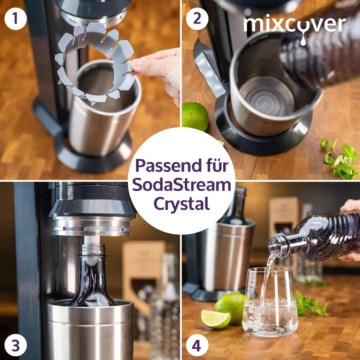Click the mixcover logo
coord(295,24)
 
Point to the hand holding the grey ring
coord(158,70)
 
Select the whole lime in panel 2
coord(195,116)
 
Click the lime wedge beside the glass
coord(216,319)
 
